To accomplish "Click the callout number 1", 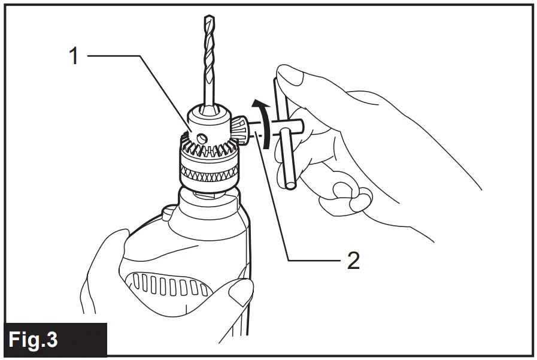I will click(74, 56).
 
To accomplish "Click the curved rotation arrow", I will click(262, 119).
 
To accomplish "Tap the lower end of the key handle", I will click(290, 182).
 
